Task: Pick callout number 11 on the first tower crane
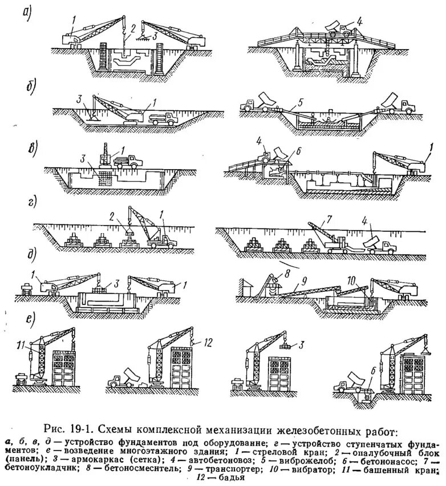click(22, 344)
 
